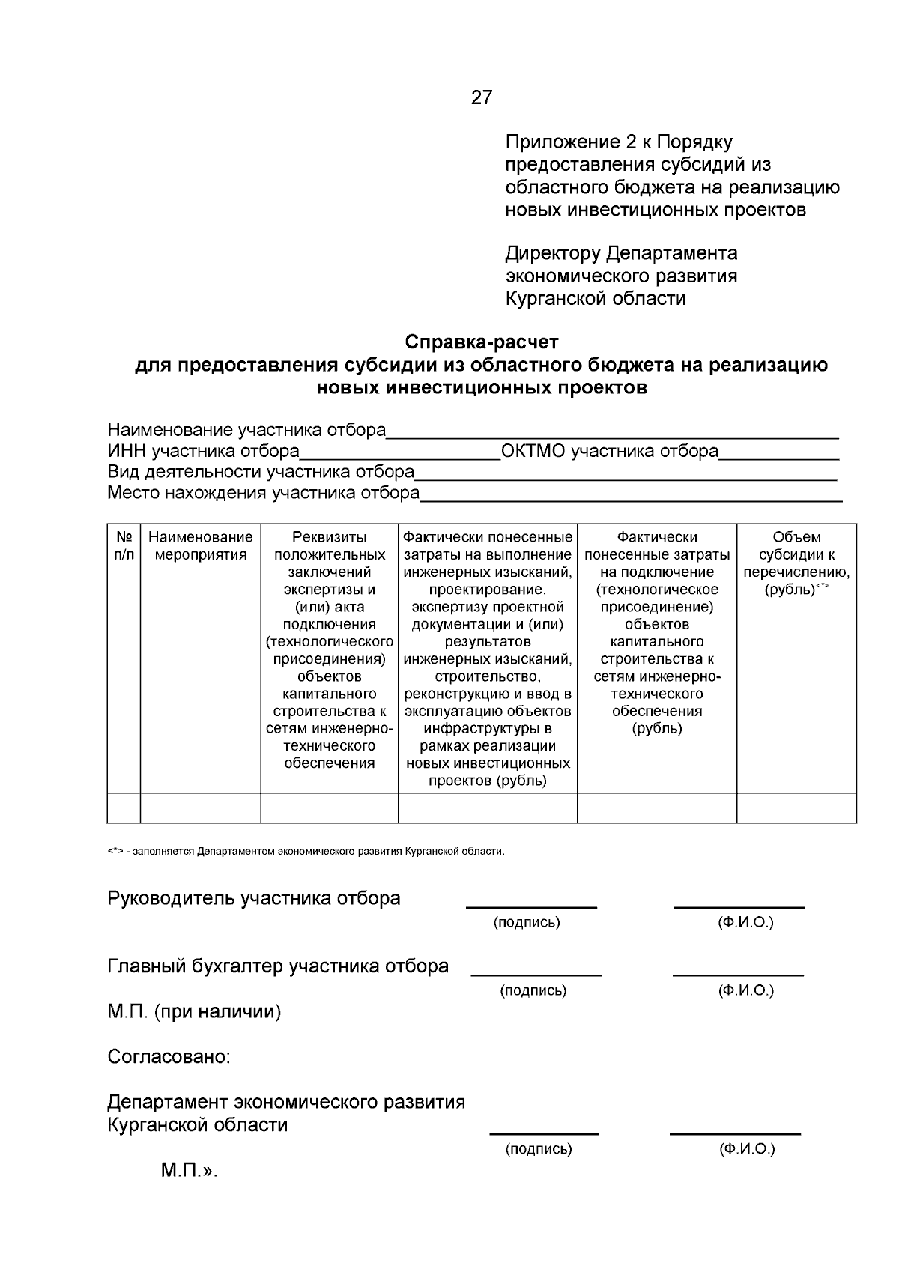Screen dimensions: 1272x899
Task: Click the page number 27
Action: point(482,97)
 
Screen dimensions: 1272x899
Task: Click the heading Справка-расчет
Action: point(482,342)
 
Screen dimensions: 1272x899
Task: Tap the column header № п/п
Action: point(124,546)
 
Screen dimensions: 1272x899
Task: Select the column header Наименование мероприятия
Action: point(200,546)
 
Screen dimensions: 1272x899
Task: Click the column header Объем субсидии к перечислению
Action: point(796,563)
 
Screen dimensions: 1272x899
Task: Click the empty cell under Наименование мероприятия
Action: point(200,808)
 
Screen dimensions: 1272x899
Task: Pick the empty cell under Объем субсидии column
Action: point(796,808)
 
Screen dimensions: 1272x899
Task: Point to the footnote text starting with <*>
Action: point(306,852)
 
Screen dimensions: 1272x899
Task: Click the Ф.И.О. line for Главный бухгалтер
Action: point(738,972)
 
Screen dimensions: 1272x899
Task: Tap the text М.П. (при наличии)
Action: point(194,1012)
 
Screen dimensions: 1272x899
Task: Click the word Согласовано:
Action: point(169,1057)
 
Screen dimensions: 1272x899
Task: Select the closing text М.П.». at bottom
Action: point(189,1171)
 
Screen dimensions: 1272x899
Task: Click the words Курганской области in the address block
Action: point(596,299)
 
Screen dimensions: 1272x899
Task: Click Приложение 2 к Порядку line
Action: point(619,142)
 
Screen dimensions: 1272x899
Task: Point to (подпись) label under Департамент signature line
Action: point(538,1148)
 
